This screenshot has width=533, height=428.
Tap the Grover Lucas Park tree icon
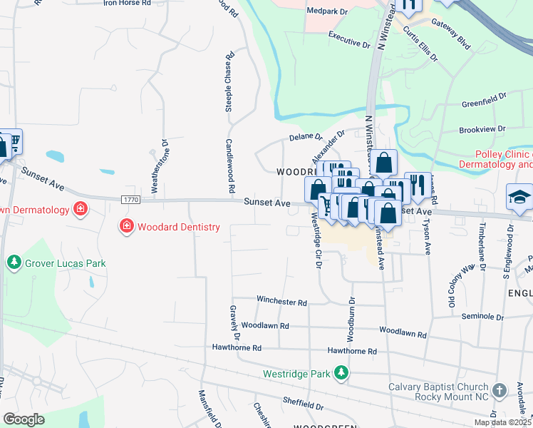14,263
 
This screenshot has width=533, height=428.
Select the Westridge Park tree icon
342,373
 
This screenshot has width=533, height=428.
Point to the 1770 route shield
130,199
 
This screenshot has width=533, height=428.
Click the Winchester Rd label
281,302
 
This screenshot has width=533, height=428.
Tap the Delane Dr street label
306,136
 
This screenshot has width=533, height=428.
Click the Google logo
24,419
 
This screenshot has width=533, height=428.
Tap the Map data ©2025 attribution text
502,422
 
